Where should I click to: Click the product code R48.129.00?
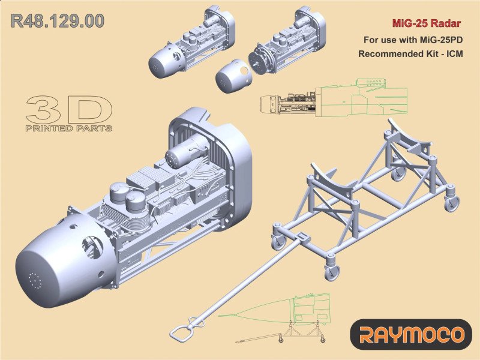pos(58,21)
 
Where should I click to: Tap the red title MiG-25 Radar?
pos(427,23)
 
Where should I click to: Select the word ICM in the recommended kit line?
pos(455,54)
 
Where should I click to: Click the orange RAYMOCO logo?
pos(411,335)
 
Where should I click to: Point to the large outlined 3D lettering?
pos(69,109)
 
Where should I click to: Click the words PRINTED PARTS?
pos(68,128)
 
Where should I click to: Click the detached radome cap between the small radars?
pos(233,76)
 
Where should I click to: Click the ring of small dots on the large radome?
pos(35,280)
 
